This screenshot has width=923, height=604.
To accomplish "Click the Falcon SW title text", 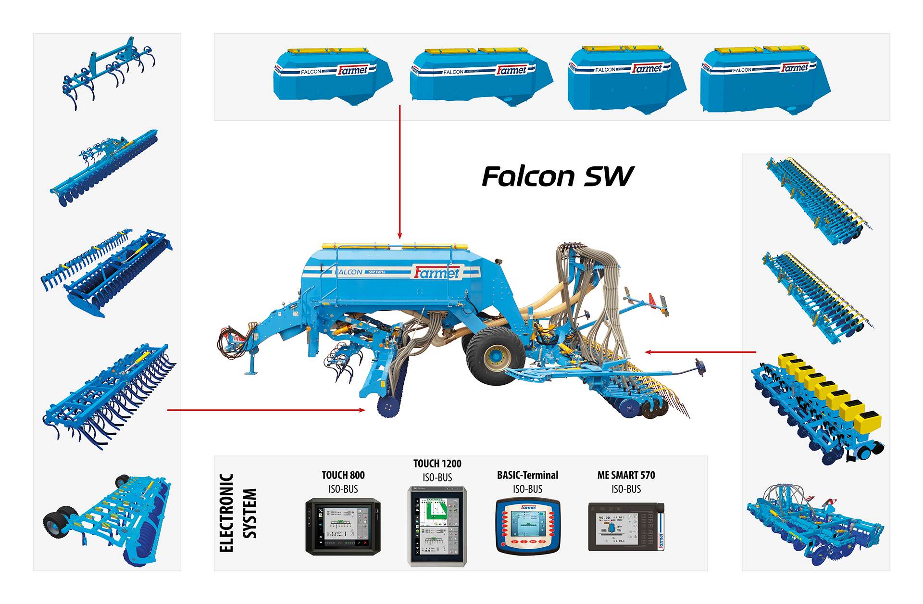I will click(x=558, y=176).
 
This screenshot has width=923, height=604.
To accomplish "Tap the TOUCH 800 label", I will click(x=343, y=475).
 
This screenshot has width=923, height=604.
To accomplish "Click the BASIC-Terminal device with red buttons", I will click(x=528, y=526).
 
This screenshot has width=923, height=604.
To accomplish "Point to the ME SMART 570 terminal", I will click(x=626, y=527).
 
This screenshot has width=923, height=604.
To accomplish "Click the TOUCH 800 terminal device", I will click(x=343, y=527).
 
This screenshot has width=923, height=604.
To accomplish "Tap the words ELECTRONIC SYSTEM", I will click(x=237, y=513).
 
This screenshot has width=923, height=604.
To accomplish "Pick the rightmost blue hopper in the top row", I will click(x=764, y=79).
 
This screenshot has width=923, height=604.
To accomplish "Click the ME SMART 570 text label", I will click(x=626, y=475).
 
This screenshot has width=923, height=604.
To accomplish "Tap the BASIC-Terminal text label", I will click(x=527, y=475).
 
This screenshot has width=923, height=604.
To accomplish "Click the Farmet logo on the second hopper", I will click(x=511, y=70).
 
